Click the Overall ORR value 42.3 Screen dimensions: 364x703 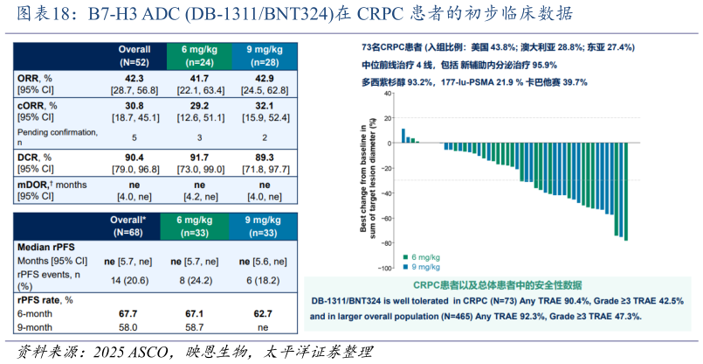pos(134,78)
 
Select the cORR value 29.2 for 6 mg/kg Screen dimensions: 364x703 pos(199,105)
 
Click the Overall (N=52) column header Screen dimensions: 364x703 pos(134,55)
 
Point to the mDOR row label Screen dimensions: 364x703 pos(52,185)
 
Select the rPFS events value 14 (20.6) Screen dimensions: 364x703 pos(134,279)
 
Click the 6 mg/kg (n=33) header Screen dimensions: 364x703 pos(199,227)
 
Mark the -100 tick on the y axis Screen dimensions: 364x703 pos(383,268)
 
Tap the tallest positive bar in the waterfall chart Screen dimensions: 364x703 pos(403,135)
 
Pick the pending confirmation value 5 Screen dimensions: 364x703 pos(134,137)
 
